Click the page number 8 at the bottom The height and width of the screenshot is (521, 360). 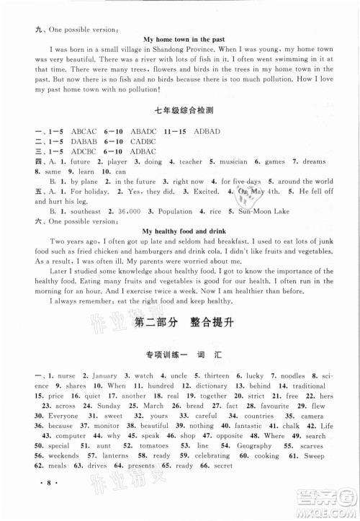pos(38,507)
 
